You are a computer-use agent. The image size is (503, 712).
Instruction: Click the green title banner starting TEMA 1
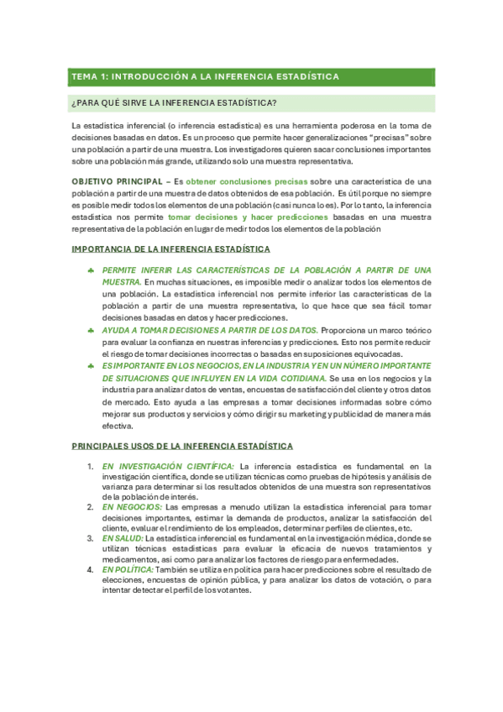(x=251, y=76)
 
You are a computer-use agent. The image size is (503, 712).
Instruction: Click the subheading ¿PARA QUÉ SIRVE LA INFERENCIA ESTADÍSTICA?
(x=176, y=103)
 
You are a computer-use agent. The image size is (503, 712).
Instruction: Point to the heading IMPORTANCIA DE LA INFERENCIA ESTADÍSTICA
(x=171, y=249)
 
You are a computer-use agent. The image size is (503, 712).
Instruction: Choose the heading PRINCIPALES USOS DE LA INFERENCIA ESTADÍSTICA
(x=182, y=446)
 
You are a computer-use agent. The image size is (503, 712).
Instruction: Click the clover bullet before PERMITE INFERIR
(x=90, y=270)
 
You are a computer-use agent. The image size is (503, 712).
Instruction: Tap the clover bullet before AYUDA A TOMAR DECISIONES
(x=90, y=331)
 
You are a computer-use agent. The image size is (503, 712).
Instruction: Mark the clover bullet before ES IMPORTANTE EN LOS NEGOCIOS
(x=90, y=366)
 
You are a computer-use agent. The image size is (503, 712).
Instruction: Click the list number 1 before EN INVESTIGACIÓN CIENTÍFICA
(x=90, y=466)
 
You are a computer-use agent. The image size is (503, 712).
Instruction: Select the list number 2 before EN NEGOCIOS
(x=90, y=507)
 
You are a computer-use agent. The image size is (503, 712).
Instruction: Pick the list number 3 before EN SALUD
(x=90, y=537)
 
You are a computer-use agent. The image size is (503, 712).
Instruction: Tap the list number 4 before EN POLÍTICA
(x=90, y=569)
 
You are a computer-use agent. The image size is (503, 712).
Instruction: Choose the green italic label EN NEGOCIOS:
(x=133, y=507)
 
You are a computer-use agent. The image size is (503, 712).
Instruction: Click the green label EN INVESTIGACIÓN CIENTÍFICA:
(x=168, y=466)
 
